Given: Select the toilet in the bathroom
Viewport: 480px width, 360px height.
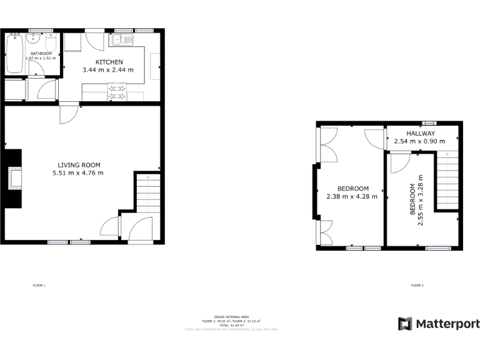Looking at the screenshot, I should tap(52, 42).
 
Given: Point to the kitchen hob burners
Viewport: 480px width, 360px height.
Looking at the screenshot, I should tap(117, 92).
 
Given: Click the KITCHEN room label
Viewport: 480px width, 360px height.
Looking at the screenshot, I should tap(109, 62).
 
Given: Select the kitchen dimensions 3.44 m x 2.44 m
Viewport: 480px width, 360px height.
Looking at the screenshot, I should tap(108, 70).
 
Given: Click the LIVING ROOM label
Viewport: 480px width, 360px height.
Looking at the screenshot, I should tap(77, 165).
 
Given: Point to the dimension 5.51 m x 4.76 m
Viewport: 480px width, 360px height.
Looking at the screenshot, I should tap(78, 173).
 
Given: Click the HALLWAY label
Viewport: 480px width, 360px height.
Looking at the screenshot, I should tap(421, 134).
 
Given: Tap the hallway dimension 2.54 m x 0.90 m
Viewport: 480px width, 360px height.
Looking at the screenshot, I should tap(419, 142).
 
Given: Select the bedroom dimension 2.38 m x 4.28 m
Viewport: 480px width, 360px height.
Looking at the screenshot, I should tap(352, 196).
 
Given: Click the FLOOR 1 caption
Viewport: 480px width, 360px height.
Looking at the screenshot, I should tap(39, 286).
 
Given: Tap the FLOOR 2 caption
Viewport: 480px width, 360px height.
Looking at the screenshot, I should tap(417, 286).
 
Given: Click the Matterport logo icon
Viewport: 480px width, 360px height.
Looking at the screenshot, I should tap(405, 324).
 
